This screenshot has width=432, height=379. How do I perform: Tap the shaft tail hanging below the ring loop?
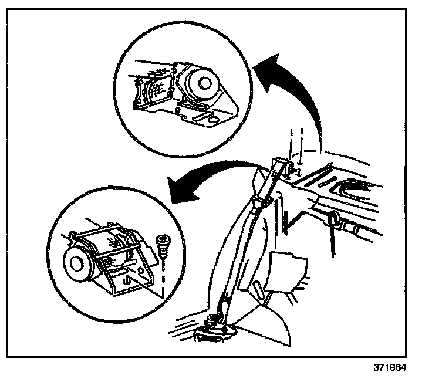[x=332, y=244]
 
